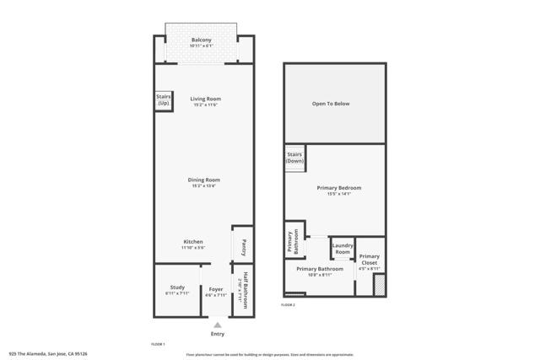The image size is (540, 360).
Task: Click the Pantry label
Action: [x=243, y=247]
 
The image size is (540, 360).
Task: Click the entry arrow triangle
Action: [x=217, y=325]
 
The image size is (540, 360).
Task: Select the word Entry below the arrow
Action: [x=217, y=334]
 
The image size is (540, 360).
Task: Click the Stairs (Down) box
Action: [x=294, y=158]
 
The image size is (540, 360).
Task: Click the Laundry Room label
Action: [x=342, y=249]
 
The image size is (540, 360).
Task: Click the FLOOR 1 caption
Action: [x=158, y=344]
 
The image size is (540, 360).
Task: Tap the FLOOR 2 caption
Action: [x=289, y=304]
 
